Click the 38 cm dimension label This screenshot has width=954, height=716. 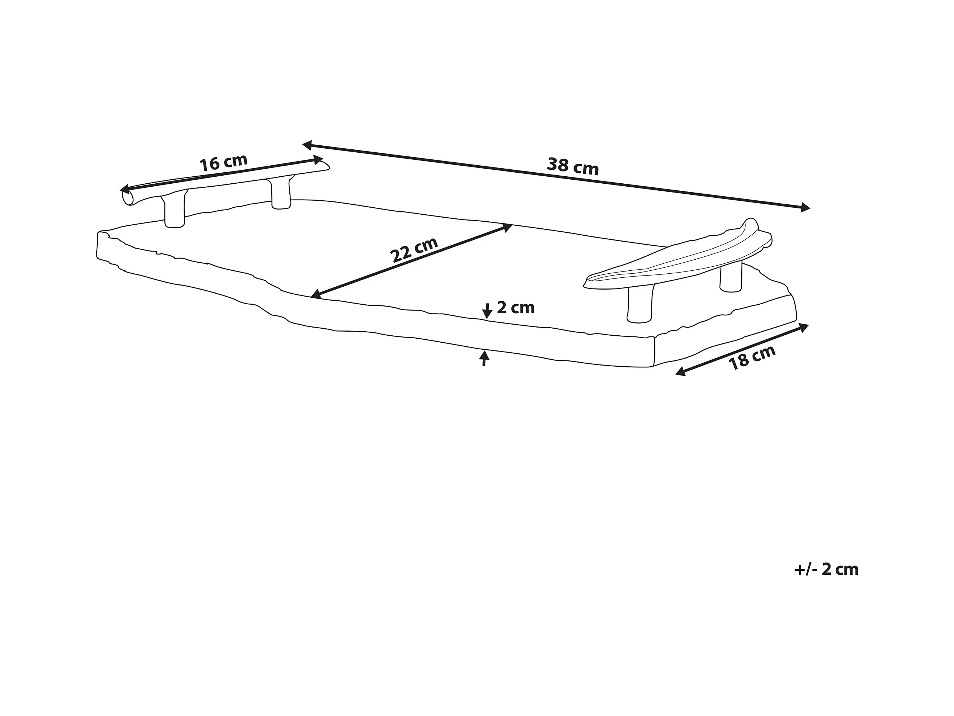pyautogui.click(x=573, y=167)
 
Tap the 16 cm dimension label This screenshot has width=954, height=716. pyautogui.click(x=223, y=163)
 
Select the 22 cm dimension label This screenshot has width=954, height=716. pyautogui.click(x=414, y=249)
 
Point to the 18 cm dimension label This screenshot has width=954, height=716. pyautogui.click(x=752, y=358)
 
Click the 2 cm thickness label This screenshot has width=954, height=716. pyautogui.click(x=515, y=308)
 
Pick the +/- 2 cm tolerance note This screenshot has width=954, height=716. pyautogui.click(x=826, y=569)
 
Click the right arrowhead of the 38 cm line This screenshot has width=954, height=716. pyautogui.click(x=805, y=208)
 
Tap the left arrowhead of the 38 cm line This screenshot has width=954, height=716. pyautogui.click(x=307, y=145)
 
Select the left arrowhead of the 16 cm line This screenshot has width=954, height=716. pyautogui.click(x=125, y=188)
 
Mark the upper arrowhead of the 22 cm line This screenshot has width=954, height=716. pyautogui.click(x=507, y=227)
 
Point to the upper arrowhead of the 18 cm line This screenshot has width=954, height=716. pyautogui.click(x=804, y=327)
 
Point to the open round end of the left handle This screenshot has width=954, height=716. pyautogui.click(x=128, y=198)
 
